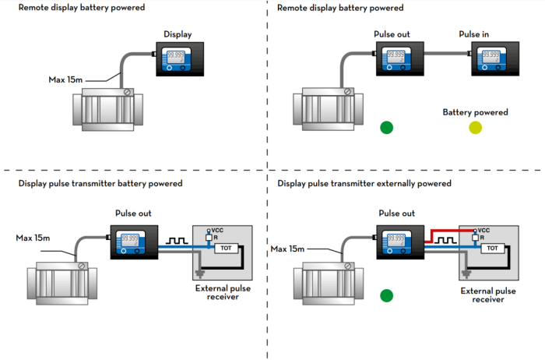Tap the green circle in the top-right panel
tap(387, 128)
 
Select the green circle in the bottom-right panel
tap(387, 295)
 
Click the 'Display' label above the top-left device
tap(178, 34)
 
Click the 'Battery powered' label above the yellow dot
tap(475, 112)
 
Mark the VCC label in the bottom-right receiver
tap(483, 231)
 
